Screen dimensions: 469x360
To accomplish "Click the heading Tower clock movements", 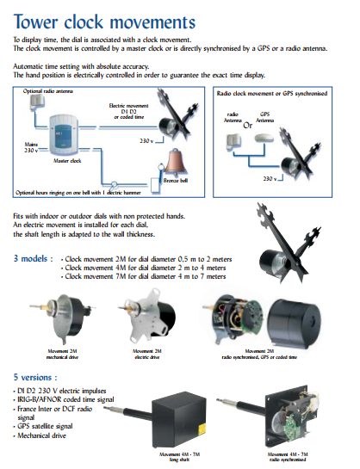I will pyautogui.click(x=103, y=21).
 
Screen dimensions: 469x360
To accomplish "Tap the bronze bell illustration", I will pyautogui.click(x=177, y=159).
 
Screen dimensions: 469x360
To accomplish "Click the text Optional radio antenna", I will pyautogui.click(x=45, y=90).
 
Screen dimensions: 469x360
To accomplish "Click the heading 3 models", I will pyautogui.click(x=34, y=258).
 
